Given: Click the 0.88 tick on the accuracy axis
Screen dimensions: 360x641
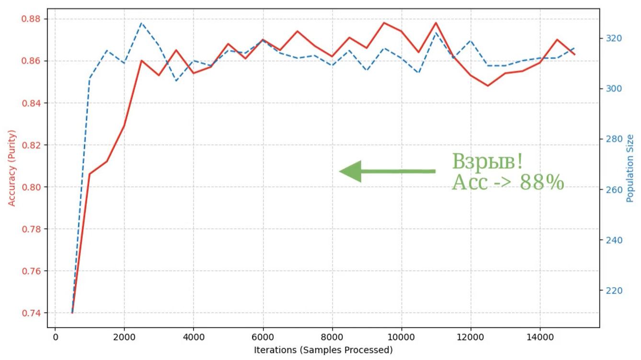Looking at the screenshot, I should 32,19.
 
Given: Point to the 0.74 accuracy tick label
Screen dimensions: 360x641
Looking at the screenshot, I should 32,313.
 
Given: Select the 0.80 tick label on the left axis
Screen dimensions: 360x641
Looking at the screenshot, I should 32,187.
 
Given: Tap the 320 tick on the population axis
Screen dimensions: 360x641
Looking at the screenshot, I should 612,38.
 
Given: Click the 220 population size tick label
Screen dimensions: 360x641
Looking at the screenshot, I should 612,291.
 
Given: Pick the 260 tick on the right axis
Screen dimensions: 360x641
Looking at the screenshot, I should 612,190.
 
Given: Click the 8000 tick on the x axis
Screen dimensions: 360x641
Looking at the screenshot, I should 332,337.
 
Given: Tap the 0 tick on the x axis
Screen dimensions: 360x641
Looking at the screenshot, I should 55,337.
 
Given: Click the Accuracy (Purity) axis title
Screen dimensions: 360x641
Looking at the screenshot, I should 12,168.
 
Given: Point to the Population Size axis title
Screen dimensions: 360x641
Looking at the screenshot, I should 630,168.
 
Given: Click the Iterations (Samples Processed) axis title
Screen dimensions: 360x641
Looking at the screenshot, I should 323,350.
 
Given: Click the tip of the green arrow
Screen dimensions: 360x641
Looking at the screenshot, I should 340,171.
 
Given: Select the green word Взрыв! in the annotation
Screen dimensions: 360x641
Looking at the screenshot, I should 487,162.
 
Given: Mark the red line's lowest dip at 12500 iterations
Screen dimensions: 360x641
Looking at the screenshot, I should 488,86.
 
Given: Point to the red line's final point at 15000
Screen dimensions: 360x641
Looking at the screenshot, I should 574,55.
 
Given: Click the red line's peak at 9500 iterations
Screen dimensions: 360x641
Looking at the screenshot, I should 384,22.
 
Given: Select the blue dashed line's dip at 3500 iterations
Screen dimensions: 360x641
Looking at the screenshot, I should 176,80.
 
